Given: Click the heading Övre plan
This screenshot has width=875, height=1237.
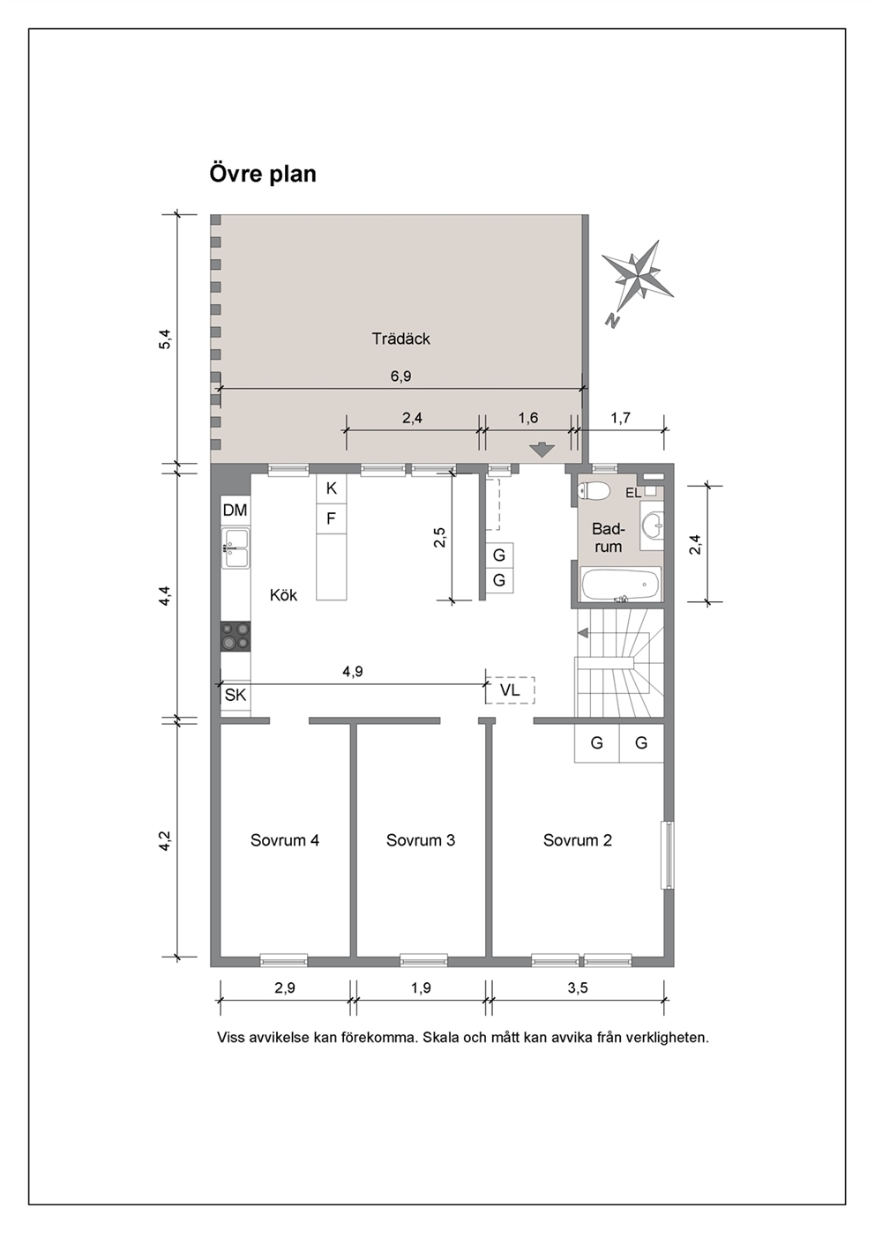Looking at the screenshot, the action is (262, 174).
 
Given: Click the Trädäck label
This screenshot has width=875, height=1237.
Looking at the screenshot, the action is (400, 339).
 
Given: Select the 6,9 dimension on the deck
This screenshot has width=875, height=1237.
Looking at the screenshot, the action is (401, 376).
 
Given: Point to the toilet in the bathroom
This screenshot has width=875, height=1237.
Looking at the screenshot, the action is (593, 490).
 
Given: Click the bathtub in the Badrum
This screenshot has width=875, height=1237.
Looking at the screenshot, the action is (621, 585).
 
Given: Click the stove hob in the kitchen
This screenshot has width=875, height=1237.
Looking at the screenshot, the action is (236, 637).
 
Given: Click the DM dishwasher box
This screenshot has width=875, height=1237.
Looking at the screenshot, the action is (236, 510).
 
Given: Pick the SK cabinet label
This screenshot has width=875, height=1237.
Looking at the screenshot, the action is (236, 695).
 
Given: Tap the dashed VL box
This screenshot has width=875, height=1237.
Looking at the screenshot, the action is (510, 689).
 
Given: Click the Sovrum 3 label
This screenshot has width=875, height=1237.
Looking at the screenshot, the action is (421, 840).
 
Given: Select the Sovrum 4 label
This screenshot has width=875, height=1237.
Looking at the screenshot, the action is (285, 840).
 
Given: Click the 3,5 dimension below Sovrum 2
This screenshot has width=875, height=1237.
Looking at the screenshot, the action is (577, 987).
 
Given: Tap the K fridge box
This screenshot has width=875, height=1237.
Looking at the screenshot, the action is (332, 488).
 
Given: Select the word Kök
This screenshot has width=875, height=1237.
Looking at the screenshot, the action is (283, 595).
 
